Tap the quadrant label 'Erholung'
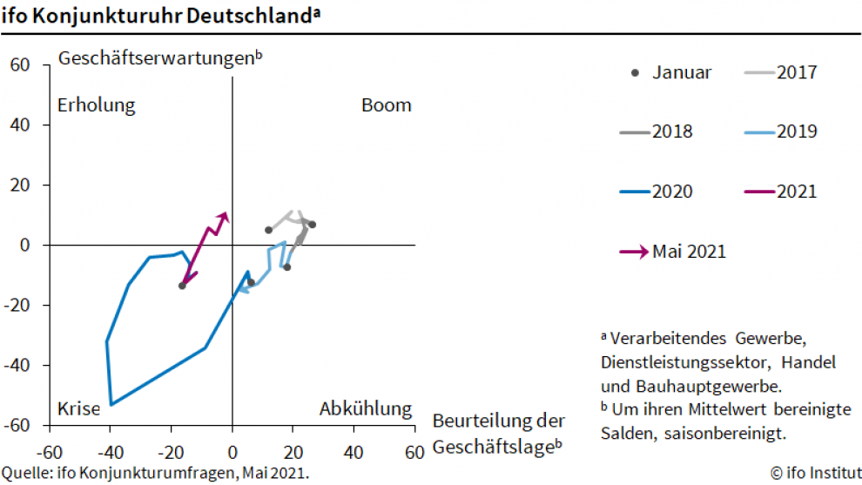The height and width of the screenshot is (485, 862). pos(97,105)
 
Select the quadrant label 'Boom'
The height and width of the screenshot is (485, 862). pos(386,105)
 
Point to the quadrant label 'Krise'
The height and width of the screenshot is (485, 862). pos(79,408)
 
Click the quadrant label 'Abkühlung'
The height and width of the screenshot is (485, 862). pos(365,408)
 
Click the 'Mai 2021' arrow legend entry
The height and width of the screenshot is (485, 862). pos(671,252)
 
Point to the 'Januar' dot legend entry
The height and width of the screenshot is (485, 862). pos(670,72)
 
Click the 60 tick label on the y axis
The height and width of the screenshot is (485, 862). pos(20,64)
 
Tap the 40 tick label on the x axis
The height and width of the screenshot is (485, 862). pos(354,453)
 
